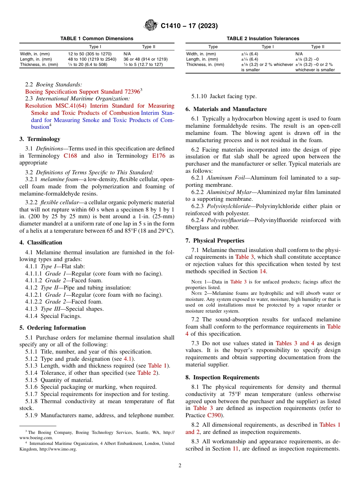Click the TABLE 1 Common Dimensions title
click(97, 39)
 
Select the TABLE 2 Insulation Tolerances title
click(263, 39)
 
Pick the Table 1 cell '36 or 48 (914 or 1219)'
click(146, 59)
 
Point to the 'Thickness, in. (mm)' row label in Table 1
click(39, 64)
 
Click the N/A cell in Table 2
click(299, 54)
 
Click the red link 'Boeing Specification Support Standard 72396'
click(82, 92)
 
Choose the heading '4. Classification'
click(41, 243)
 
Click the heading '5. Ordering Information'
click(53, 328)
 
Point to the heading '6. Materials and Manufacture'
click(226, 109)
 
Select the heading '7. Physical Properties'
click(215, 241)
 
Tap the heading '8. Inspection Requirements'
click(222, 377)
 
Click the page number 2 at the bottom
click(180, 466)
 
